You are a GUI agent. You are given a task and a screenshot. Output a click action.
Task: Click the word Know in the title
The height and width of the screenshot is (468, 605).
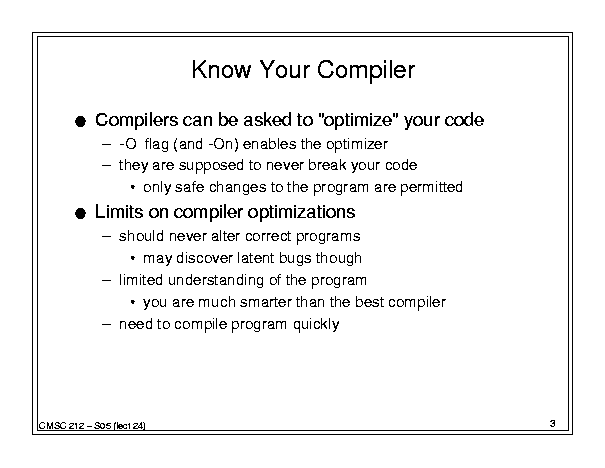pos(221,69)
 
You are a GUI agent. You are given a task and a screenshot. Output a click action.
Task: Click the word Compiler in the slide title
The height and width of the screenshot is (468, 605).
pos(366,71)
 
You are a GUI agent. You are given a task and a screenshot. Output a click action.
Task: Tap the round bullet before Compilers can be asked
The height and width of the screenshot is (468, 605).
pos(80,122)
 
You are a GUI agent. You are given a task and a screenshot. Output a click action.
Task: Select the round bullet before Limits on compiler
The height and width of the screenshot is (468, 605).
pos(80,213)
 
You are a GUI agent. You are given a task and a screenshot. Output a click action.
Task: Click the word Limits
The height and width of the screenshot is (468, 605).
pos(119,212)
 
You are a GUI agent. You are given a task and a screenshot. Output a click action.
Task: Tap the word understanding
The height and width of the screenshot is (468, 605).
pos(216,280)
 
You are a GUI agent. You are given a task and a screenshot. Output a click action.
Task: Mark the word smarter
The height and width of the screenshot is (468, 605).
pos(265,302)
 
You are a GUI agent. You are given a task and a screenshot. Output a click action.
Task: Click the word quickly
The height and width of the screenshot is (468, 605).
pos(316,325)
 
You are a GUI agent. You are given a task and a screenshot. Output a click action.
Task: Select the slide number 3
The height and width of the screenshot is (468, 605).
pos(553,424)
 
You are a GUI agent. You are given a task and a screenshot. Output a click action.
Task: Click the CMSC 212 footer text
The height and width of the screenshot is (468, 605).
pos(92,426)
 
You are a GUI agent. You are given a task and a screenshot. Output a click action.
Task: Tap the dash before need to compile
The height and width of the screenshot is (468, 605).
pos(106,324)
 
